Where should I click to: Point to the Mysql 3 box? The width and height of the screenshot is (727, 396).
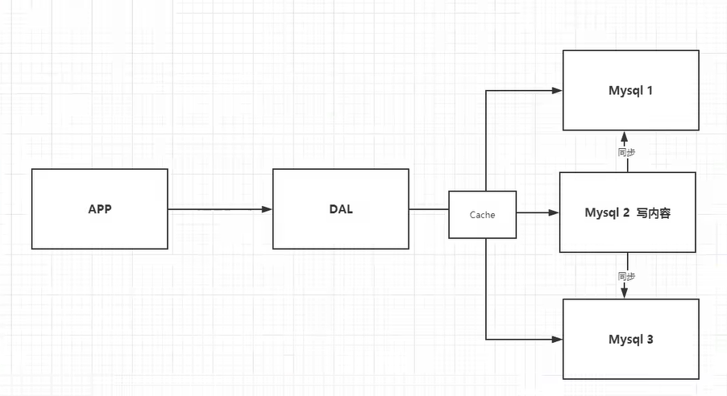click(630, 358)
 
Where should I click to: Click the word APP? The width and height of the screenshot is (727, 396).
click(100, 209)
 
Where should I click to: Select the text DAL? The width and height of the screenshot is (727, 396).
click(340, 209)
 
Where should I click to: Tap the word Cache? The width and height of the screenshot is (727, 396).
click(482, 215)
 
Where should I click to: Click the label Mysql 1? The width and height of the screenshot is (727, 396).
click(630, 90)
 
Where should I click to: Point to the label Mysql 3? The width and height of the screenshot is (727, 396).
click(630, 339)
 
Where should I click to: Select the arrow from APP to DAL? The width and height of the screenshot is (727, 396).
click(218, 209)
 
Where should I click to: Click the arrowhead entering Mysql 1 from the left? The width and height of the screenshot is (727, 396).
click(557, 90)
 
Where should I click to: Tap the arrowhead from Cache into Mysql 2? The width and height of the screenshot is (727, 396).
click(554, 213)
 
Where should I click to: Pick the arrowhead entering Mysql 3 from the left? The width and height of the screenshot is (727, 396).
click(557, 339)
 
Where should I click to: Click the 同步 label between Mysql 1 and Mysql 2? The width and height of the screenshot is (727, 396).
click(627, 152)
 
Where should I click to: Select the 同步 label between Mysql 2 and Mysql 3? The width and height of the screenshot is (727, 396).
click(627, 276)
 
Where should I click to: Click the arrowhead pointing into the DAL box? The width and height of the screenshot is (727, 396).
click(268, 209)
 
